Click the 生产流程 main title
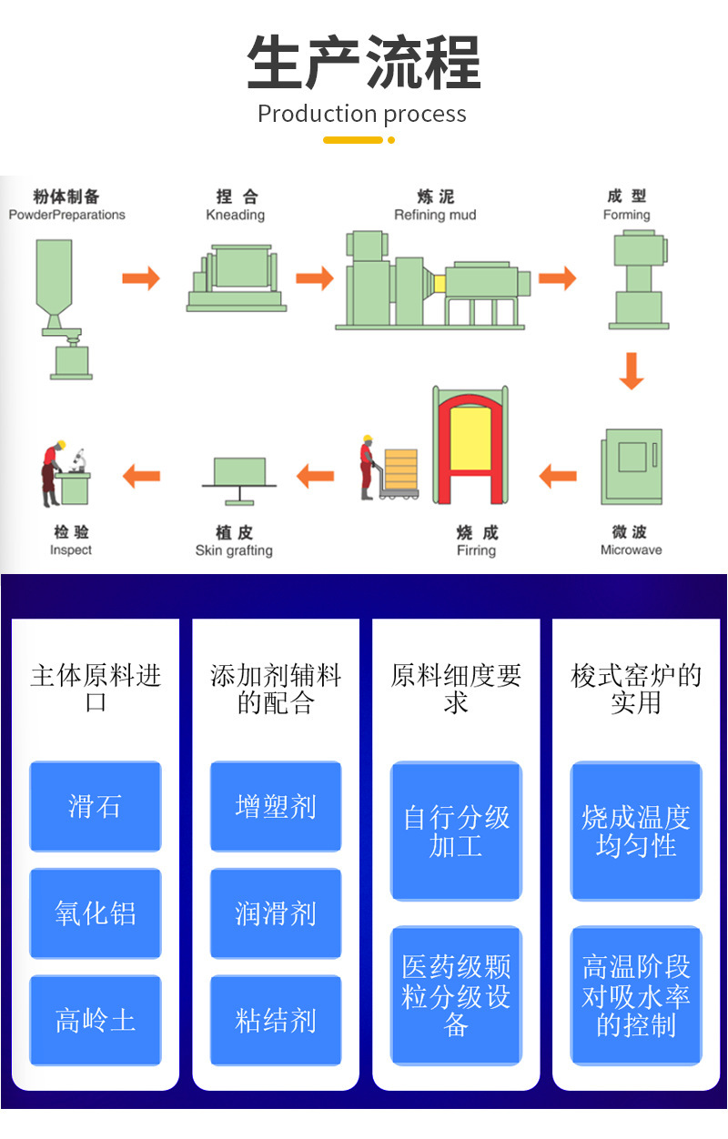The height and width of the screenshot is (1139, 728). (364, 62)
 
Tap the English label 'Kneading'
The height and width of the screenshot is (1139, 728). (235, 215)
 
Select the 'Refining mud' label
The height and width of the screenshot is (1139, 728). (435, 215)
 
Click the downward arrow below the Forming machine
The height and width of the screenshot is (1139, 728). (632, 370)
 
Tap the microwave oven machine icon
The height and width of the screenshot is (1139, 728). (632, 467)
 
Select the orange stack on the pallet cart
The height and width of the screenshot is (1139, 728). (401, 469)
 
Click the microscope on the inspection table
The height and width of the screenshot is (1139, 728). (79, 460)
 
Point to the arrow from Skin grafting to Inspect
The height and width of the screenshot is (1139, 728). (141, 477)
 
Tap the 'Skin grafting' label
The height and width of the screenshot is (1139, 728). (234, 550)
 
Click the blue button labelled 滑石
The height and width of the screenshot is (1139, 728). (96, 806)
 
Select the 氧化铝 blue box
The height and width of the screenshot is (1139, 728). (96, 913)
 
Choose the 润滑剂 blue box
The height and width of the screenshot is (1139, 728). (276, 913)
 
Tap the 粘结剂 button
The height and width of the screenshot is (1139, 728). (276, 1020)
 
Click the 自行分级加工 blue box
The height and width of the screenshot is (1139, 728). (456, 831)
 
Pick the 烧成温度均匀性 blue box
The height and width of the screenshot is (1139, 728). (636, 831)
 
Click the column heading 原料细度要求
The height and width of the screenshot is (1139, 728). (456, 689)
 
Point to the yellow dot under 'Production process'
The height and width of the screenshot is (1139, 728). (390, 140)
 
